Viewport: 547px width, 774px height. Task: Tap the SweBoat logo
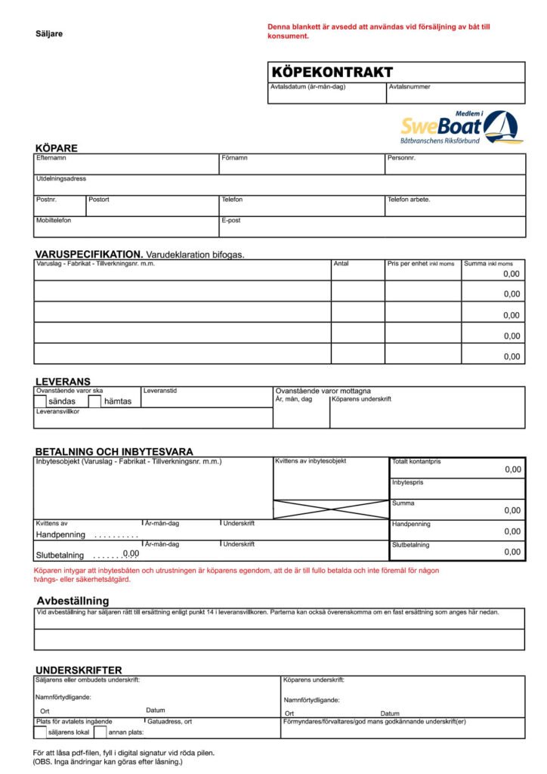[460, 128]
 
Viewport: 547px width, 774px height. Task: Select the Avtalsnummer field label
[409, 87]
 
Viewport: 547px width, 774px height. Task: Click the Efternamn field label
[51, 158]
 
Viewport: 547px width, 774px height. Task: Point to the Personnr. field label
[401, 158]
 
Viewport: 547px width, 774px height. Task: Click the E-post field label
[230, 220]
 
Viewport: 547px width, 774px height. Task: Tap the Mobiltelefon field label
[55, 220]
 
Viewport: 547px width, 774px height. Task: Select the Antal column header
[341, 264]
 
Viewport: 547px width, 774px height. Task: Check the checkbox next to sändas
[41, 401]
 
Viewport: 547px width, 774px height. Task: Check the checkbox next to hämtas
[95, 401]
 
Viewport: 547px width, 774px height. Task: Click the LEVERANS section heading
[63, 382]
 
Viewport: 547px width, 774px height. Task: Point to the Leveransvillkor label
[57, 412]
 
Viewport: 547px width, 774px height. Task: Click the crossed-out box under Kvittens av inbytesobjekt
[330, 509]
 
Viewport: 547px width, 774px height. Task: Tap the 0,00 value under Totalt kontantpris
[513, 469]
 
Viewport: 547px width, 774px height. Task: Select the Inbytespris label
[406, 482]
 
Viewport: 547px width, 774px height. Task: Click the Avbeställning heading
[73, 601]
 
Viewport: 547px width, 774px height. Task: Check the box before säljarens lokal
[40, 732]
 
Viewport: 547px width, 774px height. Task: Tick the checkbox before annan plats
[100, 732]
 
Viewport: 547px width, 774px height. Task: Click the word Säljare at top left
[49, 33]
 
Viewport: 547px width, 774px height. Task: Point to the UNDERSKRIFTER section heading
[79, 670]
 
